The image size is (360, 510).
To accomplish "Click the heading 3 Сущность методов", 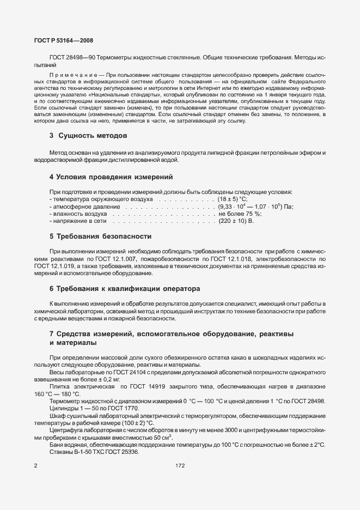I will tap(88, 135).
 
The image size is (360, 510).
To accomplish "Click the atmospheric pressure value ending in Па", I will tap(255, 207).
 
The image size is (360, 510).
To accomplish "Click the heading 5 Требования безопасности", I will tap(100, 236).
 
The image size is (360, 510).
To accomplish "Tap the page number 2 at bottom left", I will tap(35, 466).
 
